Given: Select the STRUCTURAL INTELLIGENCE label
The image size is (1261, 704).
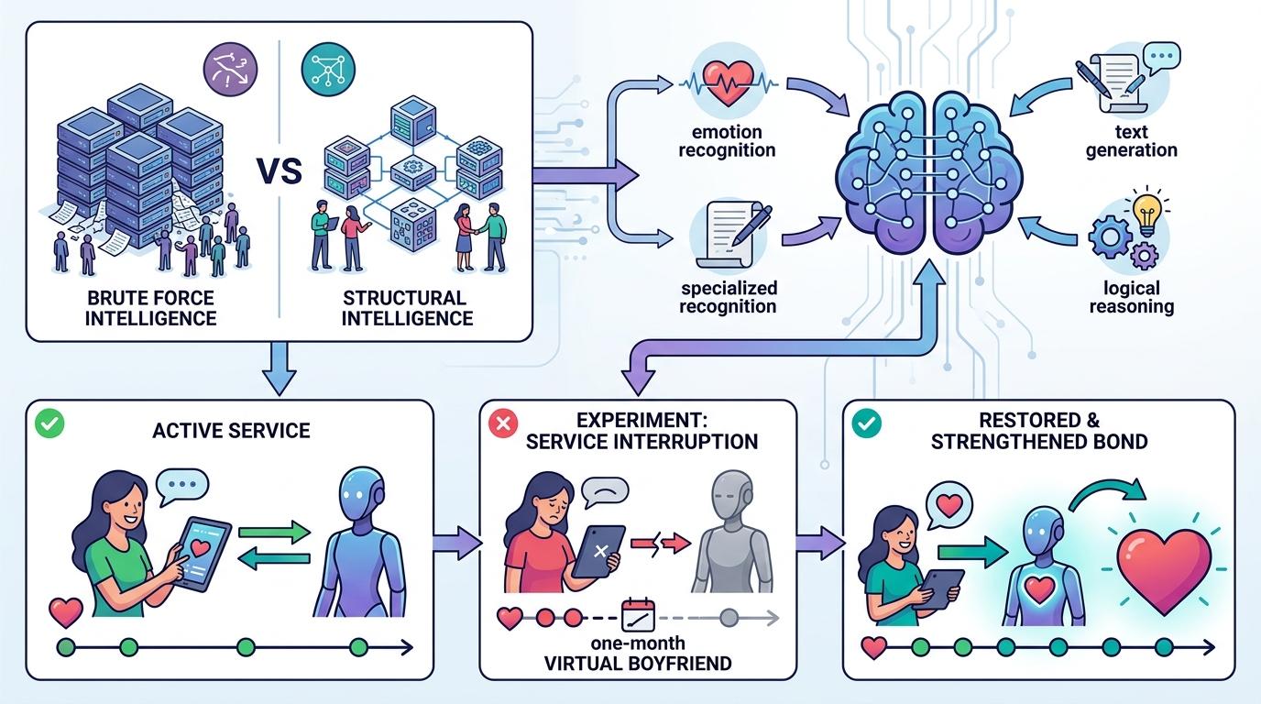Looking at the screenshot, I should point(407,308).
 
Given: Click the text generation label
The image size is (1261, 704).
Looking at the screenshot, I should point(1132,140).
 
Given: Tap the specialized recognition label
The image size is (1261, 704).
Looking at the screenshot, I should point(728,297).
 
